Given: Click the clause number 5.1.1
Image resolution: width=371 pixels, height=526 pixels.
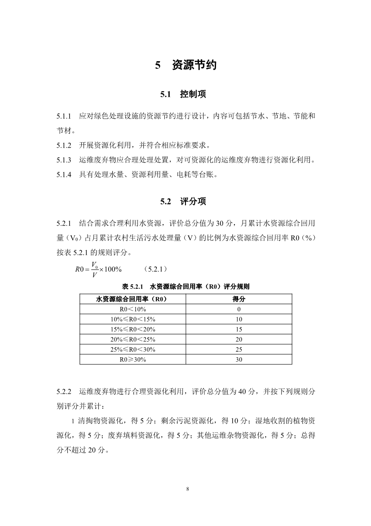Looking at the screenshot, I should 64,117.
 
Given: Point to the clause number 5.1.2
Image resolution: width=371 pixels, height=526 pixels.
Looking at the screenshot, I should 64,145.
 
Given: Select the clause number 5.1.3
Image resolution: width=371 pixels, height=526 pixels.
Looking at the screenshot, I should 64,160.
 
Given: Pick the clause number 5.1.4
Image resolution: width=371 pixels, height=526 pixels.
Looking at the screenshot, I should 64,175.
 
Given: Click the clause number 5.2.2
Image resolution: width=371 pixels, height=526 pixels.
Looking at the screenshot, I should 64,391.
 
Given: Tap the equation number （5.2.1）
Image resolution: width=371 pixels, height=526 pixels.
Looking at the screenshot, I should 156,269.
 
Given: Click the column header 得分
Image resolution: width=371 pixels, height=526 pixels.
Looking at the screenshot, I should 238,299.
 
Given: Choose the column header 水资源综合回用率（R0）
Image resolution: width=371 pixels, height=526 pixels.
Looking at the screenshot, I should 132,299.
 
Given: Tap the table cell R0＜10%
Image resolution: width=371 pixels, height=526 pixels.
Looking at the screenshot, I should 132,309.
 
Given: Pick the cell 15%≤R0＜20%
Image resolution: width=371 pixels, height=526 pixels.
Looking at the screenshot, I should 132,329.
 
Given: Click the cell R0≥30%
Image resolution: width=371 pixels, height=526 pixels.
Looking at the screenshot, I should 132,360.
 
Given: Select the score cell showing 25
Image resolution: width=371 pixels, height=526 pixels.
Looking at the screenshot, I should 238,350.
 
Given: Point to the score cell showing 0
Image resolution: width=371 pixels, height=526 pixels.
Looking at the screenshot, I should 238,309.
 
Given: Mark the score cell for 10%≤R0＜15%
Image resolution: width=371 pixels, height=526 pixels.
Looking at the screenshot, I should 238,319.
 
